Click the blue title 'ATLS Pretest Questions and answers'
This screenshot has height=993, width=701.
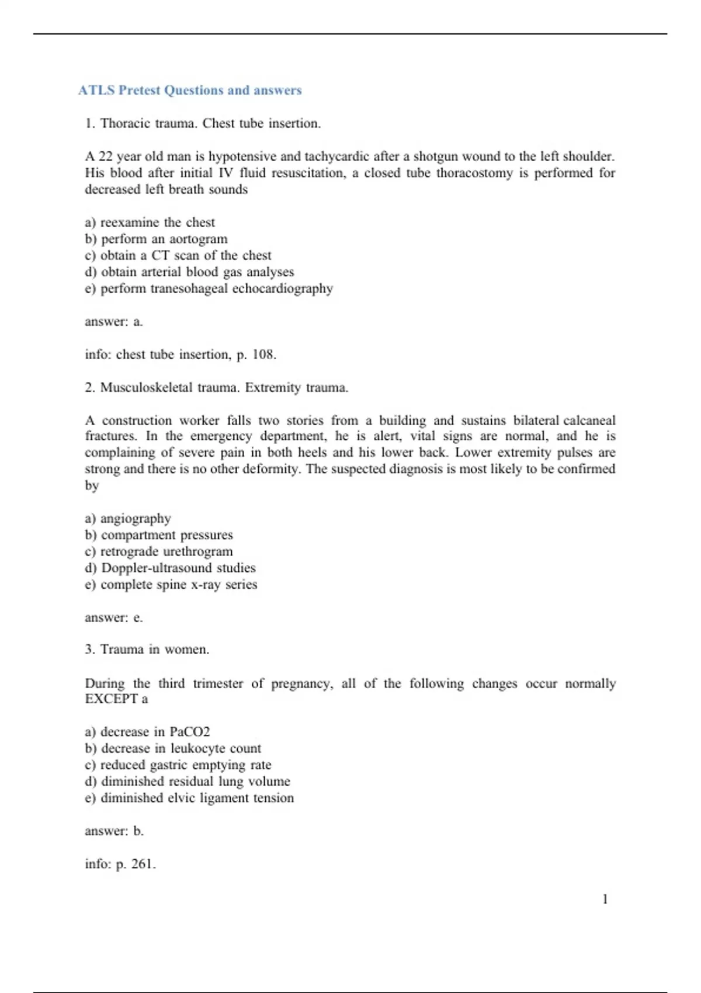point(190,90)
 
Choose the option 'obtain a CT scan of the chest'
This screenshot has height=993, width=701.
point(185,255)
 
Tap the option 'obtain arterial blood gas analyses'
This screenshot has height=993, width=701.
point(197,272)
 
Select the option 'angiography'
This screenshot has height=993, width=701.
point(136,519)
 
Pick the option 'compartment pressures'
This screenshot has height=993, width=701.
point(166,535)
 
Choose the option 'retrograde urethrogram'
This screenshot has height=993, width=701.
point(166,551)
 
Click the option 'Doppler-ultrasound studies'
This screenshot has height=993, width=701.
point(178,568)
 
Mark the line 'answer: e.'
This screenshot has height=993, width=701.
point(114,617)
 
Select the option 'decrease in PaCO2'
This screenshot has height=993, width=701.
point(155,732)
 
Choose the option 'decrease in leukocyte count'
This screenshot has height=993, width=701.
point(181,748)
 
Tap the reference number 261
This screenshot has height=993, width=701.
point(143,864)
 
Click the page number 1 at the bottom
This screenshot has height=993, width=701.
point(605,899)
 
